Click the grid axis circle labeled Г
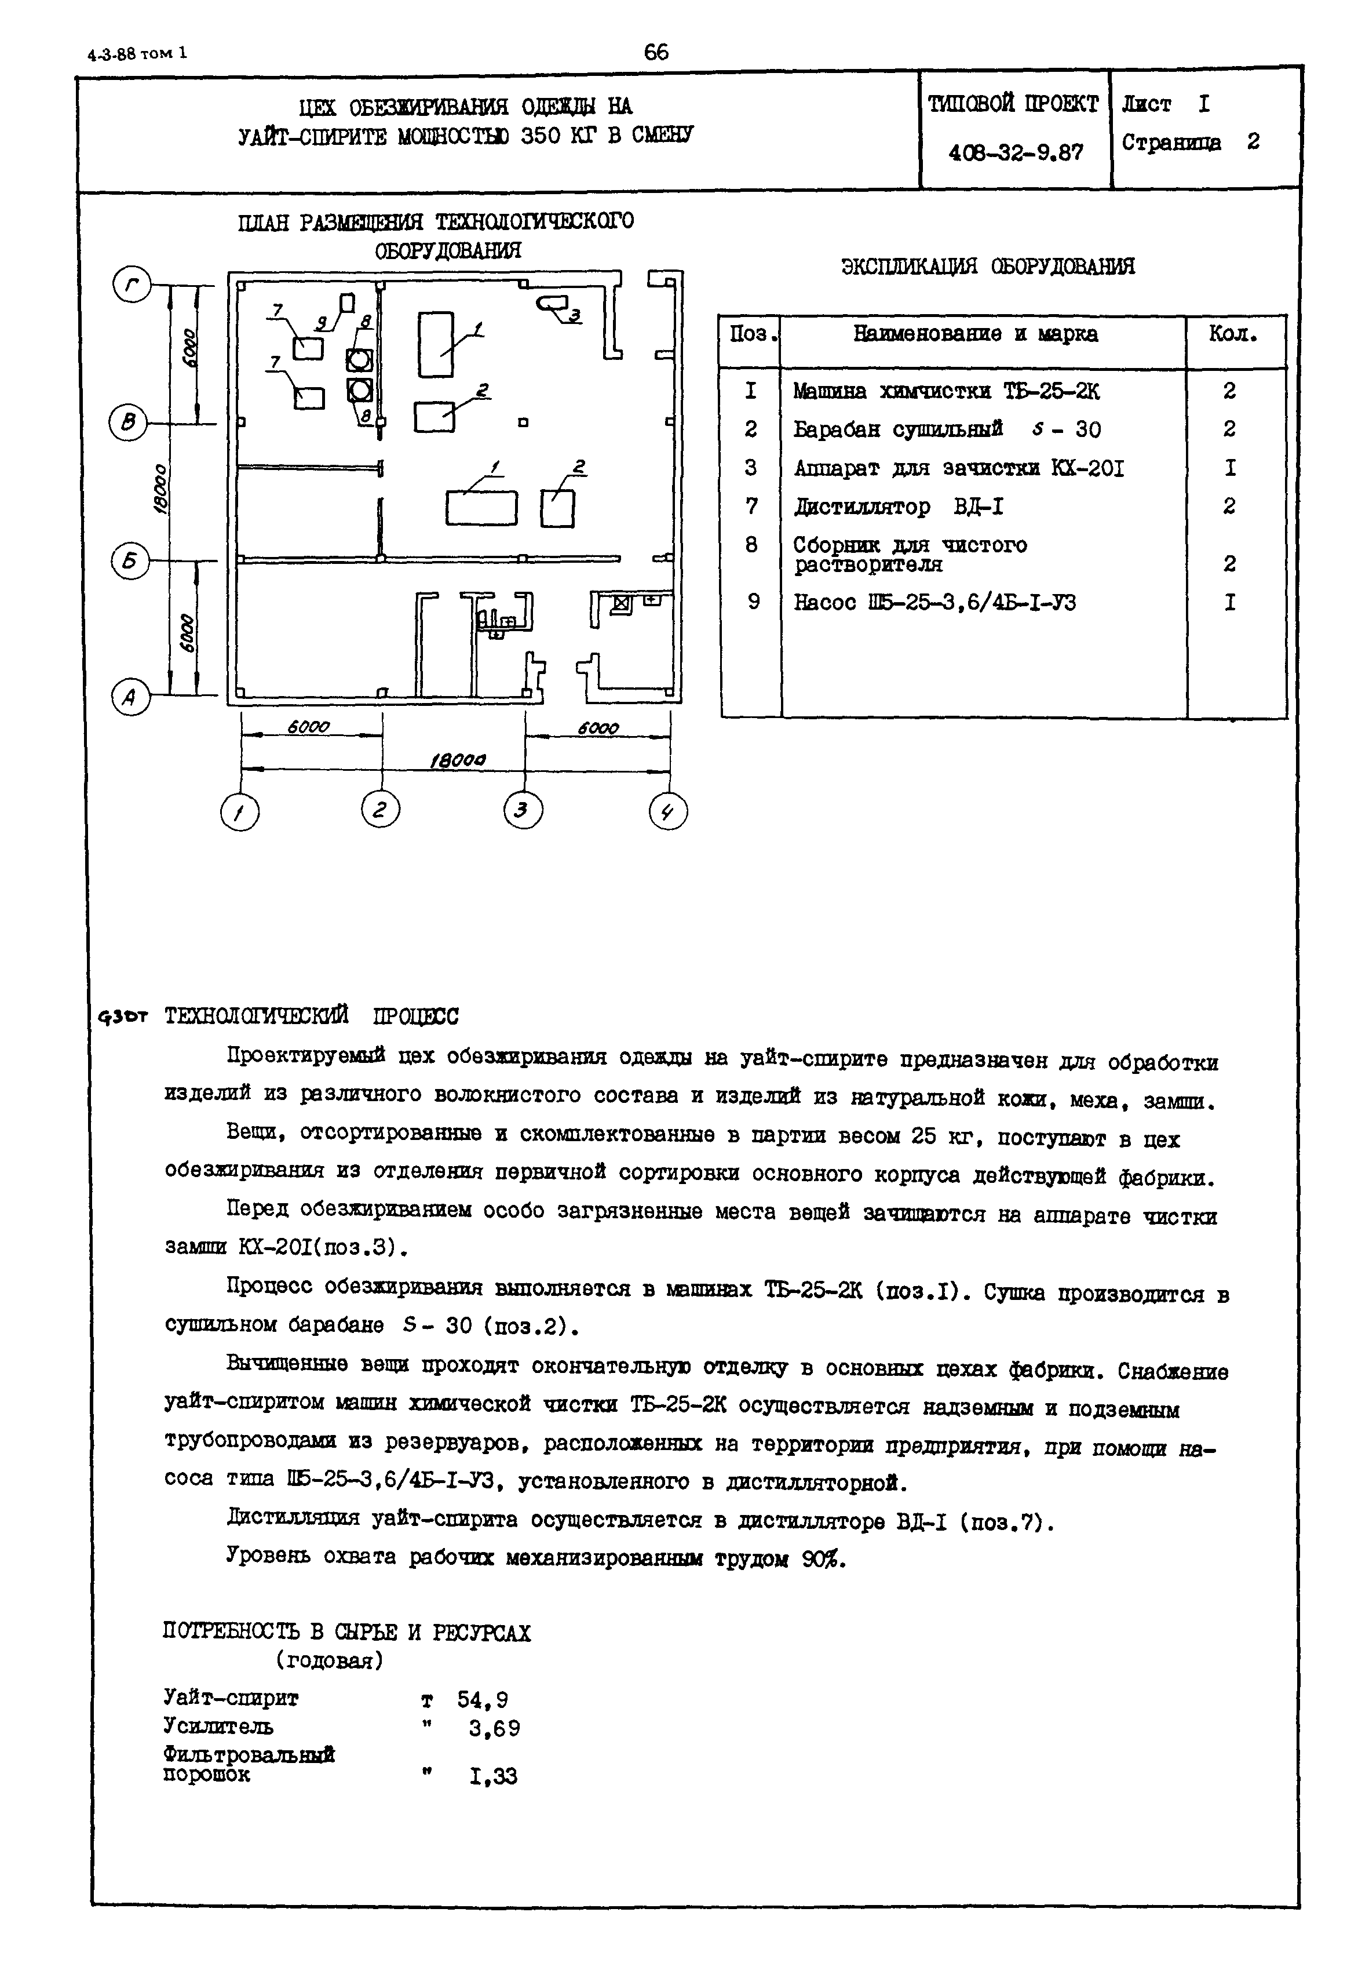(x=132, y=286)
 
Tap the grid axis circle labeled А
(x=130, y=697)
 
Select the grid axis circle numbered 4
(x=668, y=811)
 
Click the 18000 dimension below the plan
(x=457, y=760)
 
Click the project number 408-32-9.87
(x=1016, y=154)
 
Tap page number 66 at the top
(x=656, y=52)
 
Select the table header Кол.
(x=1233, y=334)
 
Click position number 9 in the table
(x=753, y=602)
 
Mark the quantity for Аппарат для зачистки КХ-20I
(x=1230, y=468)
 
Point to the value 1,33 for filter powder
(x=493, y=1776)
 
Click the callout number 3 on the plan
(x=574, y=316)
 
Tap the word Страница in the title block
(x=1171, y=143)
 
